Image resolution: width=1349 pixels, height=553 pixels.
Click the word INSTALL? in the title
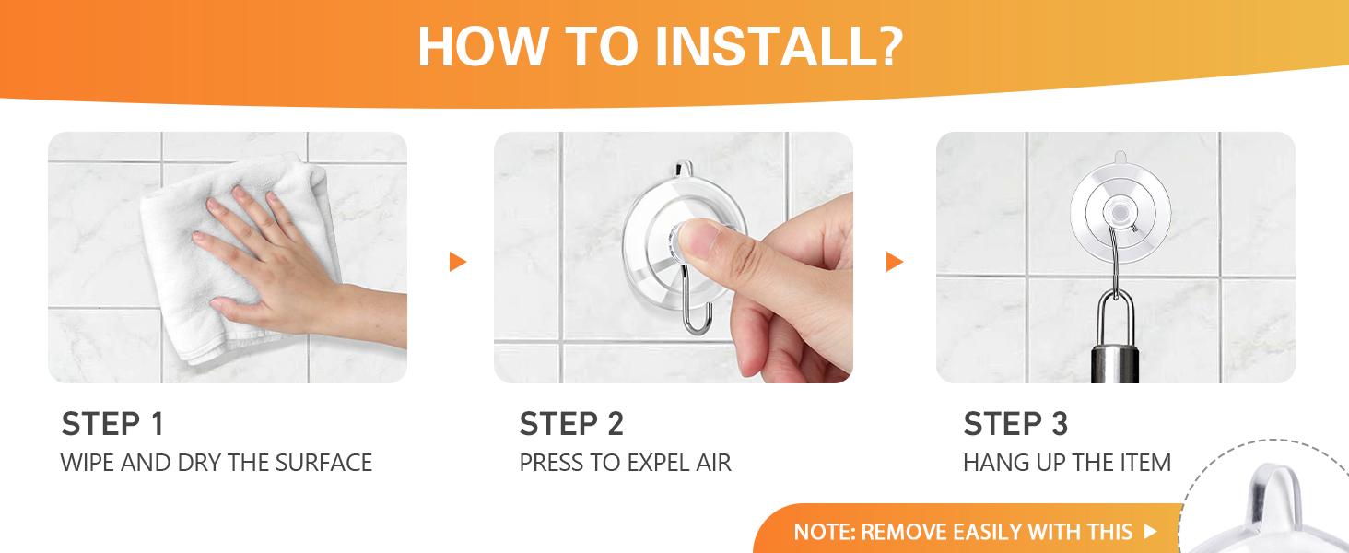click(x=779, y=46)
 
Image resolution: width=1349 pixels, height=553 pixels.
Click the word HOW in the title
click(x=482, y=46)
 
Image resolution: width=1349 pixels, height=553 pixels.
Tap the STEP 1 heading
click(x=112, y=423)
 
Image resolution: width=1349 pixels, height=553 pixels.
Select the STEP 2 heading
click(x=571, y=423)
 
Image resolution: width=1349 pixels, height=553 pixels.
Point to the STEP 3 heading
click(x=1015, y=423)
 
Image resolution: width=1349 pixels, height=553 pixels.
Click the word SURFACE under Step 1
click(x=323, y=463)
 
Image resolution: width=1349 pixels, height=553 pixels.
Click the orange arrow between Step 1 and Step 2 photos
click(x=458, y=262)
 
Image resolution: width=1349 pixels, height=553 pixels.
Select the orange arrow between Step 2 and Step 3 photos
click(x=895, y=262)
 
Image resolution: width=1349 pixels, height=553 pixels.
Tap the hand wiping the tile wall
click(x=283, y=265)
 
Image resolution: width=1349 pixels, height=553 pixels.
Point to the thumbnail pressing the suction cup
click(x=700, y=239)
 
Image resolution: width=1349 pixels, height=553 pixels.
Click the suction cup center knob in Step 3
click(x=1119, y=212)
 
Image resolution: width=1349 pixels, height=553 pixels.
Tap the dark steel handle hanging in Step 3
click(x=1115, y=364)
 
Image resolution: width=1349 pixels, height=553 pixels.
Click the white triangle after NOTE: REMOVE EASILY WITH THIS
click(x=1150, y=531)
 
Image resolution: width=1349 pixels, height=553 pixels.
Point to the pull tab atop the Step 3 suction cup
click(x=1120, y=158)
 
